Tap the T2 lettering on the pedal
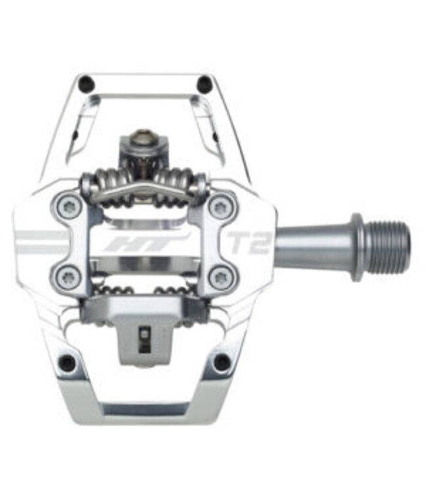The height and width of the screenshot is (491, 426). (249, 242)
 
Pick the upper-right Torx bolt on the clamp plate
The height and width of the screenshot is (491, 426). (220, 207)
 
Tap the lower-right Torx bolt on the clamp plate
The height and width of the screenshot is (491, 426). (219, 276)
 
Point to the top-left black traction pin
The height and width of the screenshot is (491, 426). (85, 84)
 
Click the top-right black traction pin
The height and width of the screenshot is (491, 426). (204, 84)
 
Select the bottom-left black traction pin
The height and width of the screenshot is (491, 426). (68, 362)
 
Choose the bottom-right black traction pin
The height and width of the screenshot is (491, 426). (222, 362)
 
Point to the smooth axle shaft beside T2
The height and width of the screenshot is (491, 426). (308, 246)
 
